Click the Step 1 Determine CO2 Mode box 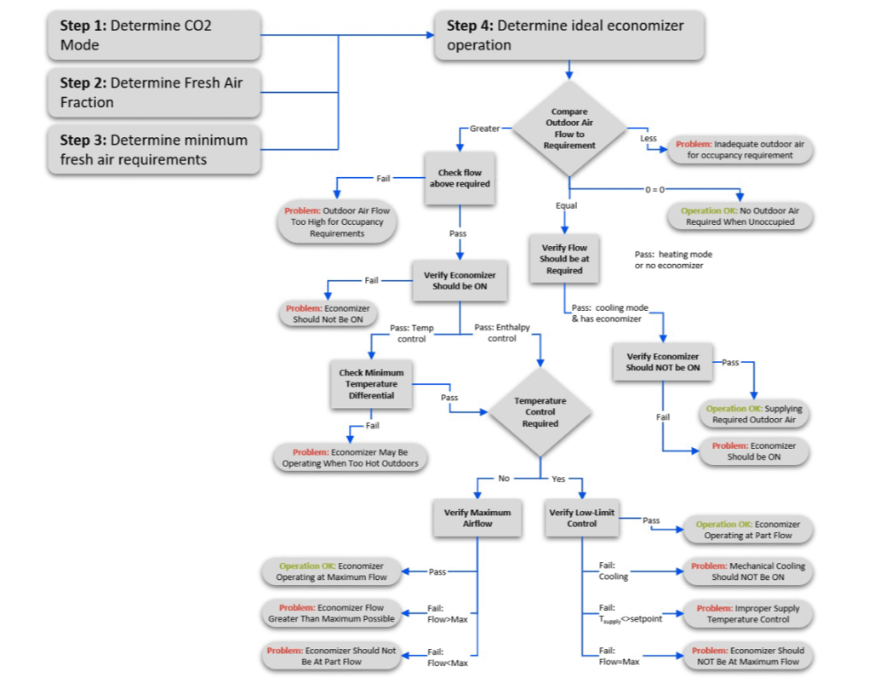coord(153,35)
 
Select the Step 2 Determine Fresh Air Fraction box coord(153,93)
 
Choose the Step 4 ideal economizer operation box coord(569,35)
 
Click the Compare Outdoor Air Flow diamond coord(569,129)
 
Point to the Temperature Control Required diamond coord(540,412)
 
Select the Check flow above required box coord(460,178)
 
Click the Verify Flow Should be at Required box coord(565,259)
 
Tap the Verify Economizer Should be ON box coord(460,281)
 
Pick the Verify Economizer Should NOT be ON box coord(663,362)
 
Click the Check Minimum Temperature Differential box coord(371,384)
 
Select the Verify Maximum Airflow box coord(477,518)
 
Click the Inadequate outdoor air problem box coord(740,150)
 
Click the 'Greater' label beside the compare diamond coord(484,129)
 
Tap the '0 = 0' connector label coord(654,189)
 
